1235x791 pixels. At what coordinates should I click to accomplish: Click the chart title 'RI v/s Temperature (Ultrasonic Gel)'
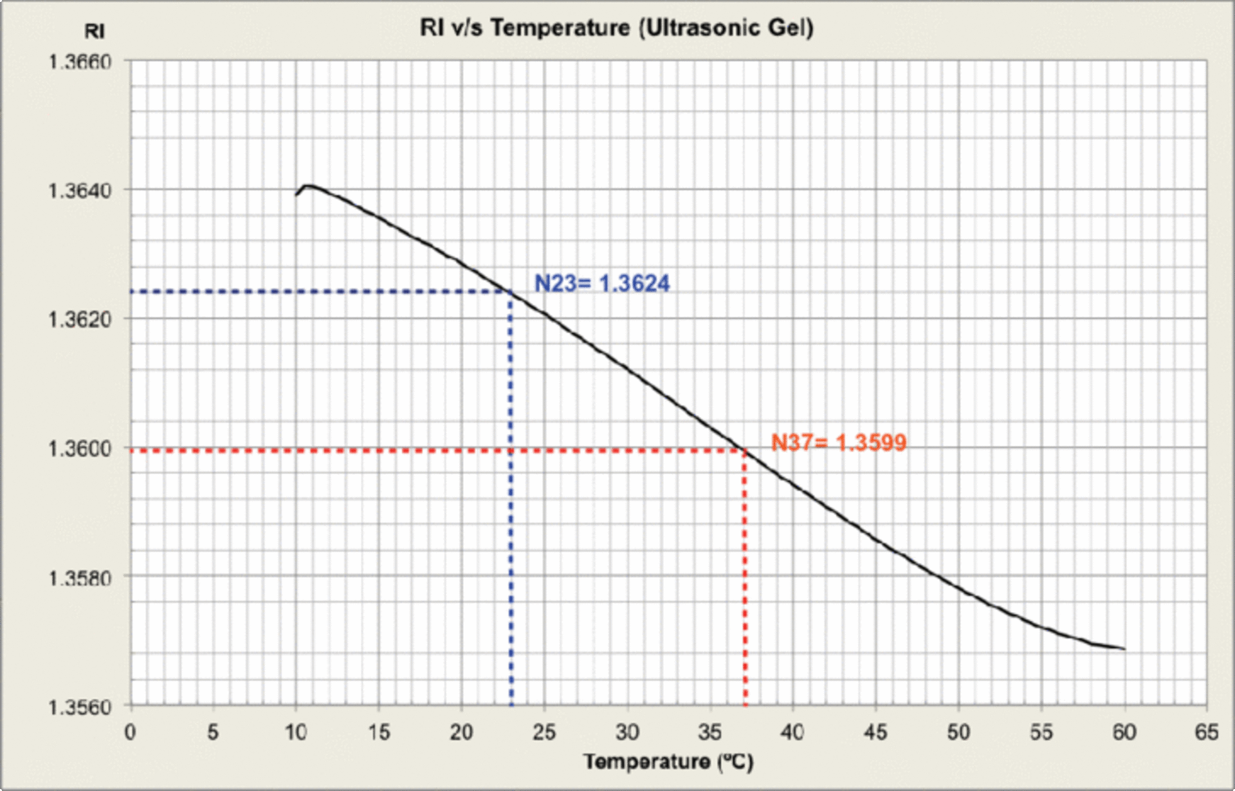pyautogui.click(x=616, y=28)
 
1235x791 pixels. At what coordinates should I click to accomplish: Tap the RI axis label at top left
pyautogui.click(x=95, y=31)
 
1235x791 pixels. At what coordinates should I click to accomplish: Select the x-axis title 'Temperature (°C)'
pyautogui.click(x=668, y=762)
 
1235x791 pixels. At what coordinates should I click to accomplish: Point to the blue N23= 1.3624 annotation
pyautogui.click(x=602, y=283)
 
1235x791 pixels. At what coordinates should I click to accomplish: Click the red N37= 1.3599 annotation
pyautogui.click(x=839, y=442)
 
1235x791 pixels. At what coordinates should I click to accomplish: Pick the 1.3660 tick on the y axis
pyautogui.click(x=80, y=62)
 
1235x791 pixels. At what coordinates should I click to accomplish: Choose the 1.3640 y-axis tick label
pyautogui.click(x=80, y=191)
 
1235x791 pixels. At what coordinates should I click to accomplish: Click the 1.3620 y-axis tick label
pyautogui.click(x=80, y=319)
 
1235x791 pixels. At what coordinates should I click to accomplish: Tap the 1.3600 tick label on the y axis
pyautogui.click(x=80, y=448)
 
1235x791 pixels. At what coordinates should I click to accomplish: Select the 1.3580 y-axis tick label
pyautogui.click(x=80, y=577)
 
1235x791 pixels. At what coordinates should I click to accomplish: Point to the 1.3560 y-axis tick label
pyautogui.click(x=80, y=707)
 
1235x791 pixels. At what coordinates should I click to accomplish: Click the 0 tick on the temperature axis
pyautogui.click(x=131, y=732)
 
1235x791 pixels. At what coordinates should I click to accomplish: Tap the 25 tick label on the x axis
pyautogui.click(x=544, y=732)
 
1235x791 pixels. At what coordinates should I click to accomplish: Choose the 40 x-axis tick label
pyautogui.click(x=792, y=732)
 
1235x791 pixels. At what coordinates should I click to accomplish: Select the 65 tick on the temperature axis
pyautogui.click(x=1207, y=732)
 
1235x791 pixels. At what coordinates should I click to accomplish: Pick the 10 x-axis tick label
pyautogui.click(x=296, y=732)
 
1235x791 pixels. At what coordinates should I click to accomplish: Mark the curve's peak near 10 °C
pyautogui.click(x=308, y=186)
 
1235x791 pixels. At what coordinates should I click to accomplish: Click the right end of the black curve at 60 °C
pyautogui.click(x=1124, y=649)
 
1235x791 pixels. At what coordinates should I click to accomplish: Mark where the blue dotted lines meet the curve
pyautogui.click(x=511, y=293)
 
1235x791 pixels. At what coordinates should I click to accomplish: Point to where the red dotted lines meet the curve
pyautogui.click(x=745, y=451)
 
